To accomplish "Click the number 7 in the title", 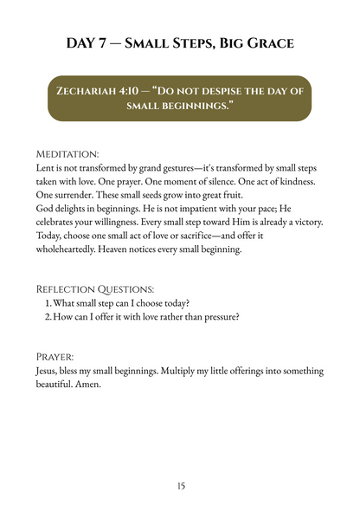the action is tap(110, 42).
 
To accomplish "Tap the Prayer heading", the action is tap(53, 356).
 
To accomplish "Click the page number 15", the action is tap(180, 485).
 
